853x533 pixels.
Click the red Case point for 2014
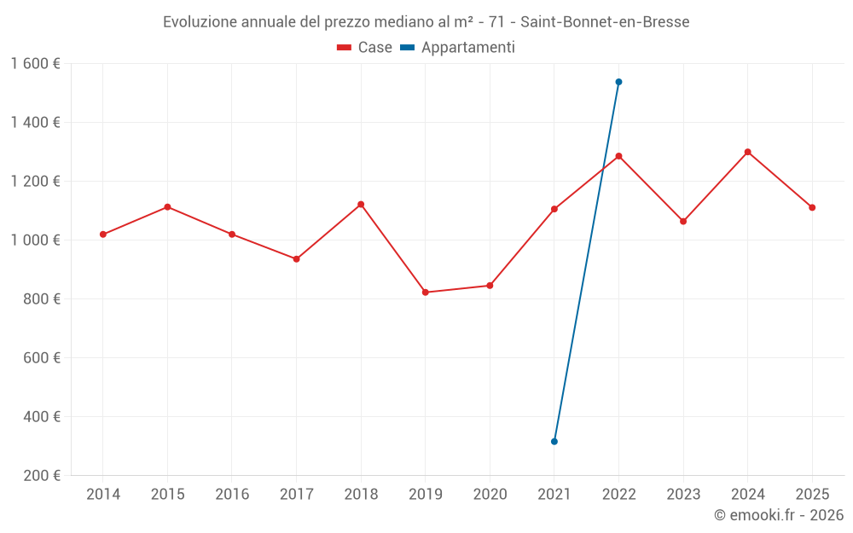tap(103, 235)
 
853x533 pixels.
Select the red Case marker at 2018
tap(361, 205)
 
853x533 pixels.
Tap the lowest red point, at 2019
tap(426, 293)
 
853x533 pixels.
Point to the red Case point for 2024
tap(747, 152)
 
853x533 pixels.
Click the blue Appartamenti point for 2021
tap(554, 442)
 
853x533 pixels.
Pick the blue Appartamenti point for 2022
tap(618, 82)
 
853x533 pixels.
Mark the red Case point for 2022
tap(618, 156)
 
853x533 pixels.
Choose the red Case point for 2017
tap(296, 259)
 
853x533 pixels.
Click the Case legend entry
tap(365, 48)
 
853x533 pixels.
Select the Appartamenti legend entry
tap(458, 48)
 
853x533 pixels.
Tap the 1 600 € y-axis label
tap(36, 64)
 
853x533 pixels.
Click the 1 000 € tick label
tap(36, 240)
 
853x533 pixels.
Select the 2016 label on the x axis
tap(232, 495)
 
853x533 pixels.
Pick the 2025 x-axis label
tap(812, 495)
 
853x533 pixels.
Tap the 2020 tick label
tap(490, 495)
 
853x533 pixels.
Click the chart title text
tap(426, 22)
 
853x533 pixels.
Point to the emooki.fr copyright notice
tap(779, 515)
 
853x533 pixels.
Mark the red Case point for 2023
tap(683, 222)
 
